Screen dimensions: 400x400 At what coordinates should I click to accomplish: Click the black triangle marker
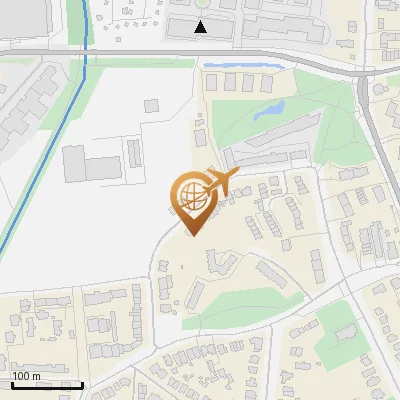click(201, 27)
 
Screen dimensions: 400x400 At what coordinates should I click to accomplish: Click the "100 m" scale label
click(26, 376)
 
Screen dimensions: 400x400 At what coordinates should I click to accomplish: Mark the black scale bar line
click(46, 384)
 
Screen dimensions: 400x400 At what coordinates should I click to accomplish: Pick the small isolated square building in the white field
click(152, 104)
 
